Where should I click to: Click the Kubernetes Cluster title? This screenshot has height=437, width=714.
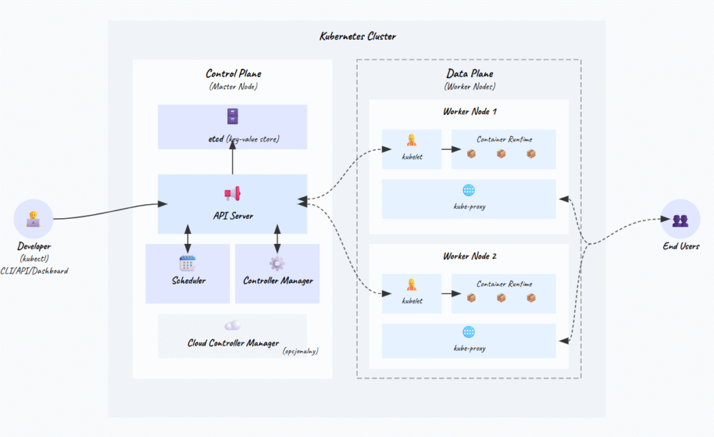point(358,36)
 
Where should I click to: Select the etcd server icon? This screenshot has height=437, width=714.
point(233,116)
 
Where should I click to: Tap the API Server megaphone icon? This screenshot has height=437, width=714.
point(232,194)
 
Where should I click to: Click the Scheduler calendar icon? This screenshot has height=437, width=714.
point(187,263)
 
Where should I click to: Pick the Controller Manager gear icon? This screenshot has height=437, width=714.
point(277,263)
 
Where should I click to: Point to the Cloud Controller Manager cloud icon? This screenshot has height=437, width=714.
point(232,325)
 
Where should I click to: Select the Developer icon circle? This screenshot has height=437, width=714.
point(33,219)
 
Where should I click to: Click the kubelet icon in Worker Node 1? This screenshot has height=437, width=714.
point(411,140)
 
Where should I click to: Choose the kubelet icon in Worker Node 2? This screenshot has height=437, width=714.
point(411,284)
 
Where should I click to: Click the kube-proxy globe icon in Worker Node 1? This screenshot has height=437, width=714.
point(468,190)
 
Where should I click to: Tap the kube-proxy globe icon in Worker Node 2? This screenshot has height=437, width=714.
point(468,332)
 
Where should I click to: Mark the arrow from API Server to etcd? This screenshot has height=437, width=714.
point(232,162)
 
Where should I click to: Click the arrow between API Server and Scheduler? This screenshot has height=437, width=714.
point(187,238)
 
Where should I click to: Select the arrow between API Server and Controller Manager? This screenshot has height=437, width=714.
point(278,238)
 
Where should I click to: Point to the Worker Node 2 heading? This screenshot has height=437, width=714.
point(469,256)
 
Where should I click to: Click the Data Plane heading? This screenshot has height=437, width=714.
point(469,74)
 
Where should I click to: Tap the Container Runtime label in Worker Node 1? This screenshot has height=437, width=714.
point(504,139)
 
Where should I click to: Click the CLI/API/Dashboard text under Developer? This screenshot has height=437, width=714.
point(34,270)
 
